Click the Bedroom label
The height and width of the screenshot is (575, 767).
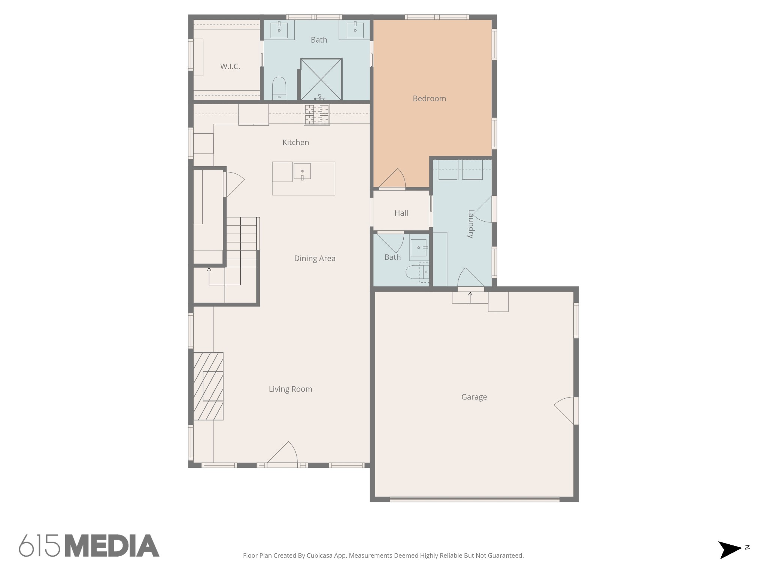[x=429, y=98]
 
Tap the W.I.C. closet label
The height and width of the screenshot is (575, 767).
[x=230, y=67]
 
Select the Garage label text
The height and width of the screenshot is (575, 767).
[x=474, y=397]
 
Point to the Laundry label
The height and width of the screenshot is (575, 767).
[x=471, y=223]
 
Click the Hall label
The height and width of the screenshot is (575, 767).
[x=401, y=213]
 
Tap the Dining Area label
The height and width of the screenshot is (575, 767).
[x=315, y=258]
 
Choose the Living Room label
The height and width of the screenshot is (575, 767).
[x=290, y=389]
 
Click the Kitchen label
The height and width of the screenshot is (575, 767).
[x=295, y=142]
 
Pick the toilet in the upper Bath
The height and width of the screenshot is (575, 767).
[x=279, y=88]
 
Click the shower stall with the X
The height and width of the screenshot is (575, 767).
[x=321, y=79]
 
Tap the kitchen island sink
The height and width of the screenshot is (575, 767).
[x=302, y=171]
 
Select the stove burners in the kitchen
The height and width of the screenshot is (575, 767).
[x=317, y=115]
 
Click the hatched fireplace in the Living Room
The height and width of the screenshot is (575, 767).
[x=208, y=386]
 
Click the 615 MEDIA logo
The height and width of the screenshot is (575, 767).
[x=89, y=545]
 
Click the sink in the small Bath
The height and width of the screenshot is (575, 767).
[x=418, y=247]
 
